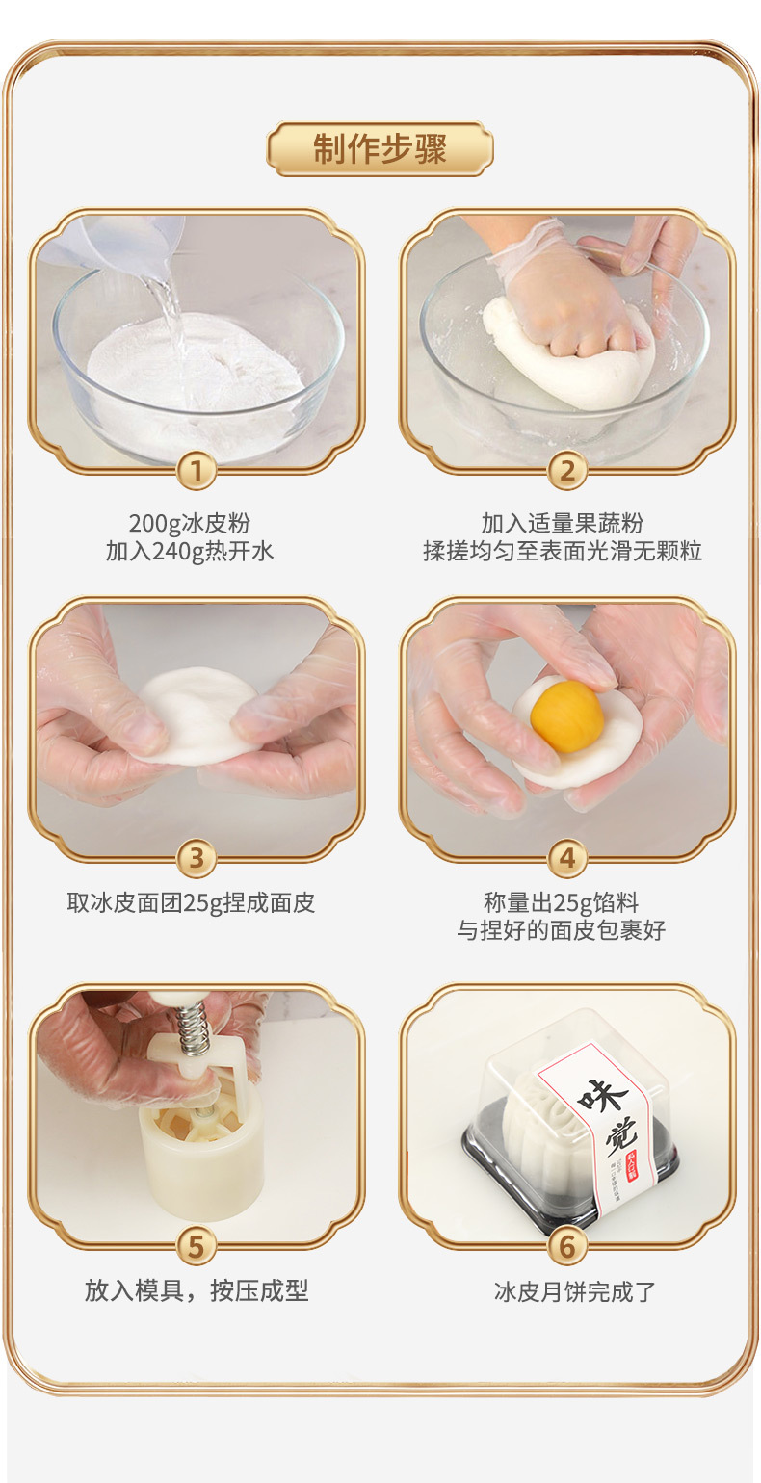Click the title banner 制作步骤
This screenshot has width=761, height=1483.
[380, 149]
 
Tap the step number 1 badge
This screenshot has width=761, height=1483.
[196, 471]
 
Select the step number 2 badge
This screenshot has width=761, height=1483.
[567, 471]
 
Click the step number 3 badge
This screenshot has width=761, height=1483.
[196, 857]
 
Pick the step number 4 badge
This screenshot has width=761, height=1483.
[567, 857]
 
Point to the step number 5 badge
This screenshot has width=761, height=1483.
[196, 1245]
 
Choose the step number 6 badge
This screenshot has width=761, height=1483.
[567, 1245]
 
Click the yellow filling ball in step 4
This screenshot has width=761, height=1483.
[568, 716]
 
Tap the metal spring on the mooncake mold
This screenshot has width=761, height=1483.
[194, 1029]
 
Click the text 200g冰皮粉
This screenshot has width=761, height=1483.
[190, 524]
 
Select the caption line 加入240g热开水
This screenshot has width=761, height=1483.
[190, 552]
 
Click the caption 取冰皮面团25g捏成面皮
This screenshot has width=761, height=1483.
[191, 903]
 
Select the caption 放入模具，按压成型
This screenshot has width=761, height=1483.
[197, 1291]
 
